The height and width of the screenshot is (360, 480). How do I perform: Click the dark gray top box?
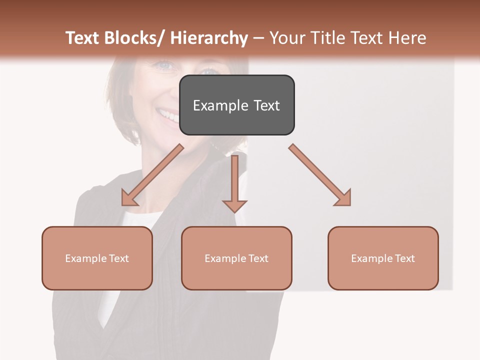[x=236, y=105]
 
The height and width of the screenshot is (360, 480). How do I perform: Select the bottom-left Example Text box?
[x=97, y=258]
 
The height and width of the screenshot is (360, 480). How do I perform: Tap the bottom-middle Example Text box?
[x=236, y=258]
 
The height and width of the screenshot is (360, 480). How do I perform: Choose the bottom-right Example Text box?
[x=383, y=258]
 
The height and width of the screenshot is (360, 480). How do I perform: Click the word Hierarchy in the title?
[x=209, y=38]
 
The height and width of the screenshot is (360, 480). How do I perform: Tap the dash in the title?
[x=259, y=38]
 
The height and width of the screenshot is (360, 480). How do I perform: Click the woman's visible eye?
[x=165, y=65]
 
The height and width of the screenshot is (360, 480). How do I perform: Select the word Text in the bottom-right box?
[x=404, y=258]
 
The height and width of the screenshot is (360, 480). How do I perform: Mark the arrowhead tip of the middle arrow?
[x=235, y=212]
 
